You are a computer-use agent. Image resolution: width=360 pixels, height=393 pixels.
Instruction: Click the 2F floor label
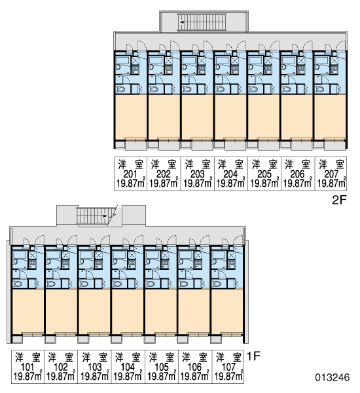(x=338, y=200)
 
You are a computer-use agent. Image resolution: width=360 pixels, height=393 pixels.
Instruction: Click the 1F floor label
(x=254, y=356)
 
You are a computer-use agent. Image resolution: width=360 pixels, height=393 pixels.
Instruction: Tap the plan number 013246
(x=333, y=377)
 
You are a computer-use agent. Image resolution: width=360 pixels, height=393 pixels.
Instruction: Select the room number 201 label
(x=130, y=174)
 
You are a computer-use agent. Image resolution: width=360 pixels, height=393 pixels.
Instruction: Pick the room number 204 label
(x=230, y=174)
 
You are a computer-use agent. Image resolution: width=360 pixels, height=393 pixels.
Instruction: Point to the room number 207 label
(x=331, y=174)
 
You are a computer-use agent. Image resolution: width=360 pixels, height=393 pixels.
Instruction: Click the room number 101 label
(x=27, y=367)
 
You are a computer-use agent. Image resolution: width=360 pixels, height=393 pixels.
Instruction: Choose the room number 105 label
(x=162, y=367)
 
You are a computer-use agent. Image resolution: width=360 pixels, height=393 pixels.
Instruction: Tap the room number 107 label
(x=228, y=367)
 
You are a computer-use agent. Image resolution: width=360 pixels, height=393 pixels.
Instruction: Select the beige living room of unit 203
(x=197, y=117)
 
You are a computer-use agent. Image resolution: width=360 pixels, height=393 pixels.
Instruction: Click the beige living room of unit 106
(x=193, y=311)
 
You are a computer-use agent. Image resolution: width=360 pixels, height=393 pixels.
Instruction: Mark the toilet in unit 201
(x=122, y=89)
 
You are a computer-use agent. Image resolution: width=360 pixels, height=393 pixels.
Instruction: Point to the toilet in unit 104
(x=118, y=284)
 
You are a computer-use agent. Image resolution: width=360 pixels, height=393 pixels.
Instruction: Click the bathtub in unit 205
(x=255, y=61)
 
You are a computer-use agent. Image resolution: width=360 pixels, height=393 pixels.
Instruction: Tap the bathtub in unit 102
(x=52, y=255)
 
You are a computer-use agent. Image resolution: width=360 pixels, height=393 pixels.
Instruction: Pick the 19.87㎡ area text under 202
(x=164, y=183)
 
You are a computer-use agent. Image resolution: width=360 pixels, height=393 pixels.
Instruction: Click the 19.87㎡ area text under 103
(x=95, y=377)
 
